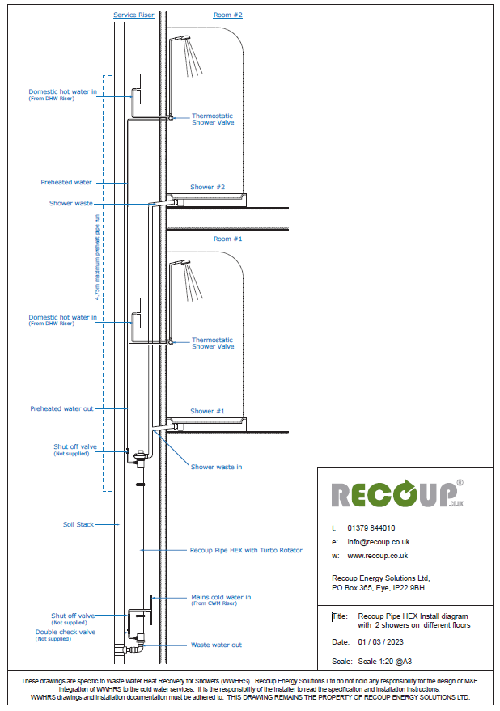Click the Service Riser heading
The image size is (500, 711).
coord(133,15)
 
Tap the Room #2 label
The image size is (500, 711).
coord(227,15)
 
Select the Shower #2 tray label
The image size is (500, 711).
coord(207,187)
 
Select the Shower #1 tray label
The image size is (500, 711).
coord(207,411)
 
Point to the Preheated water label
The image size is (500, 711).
coord(66,183)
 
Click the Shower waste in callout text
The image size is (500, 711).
coord(216,467)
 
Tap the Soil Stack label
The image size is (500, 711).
coord(78,524)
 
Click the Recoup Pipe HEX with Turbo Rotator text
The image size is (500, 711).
coord(245,550)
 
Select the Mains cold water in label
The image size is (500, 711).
coord(221,597)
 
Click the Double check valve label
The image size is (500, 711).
coord(65,632)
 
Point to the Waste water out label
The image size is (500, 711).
coord(216,645)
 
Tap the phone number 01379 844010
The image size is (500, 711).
coord(372,527)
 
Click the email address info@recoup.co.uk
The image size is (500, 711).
coord(378,541)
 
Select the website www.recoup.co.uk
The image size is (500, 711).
coord(377,556)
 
